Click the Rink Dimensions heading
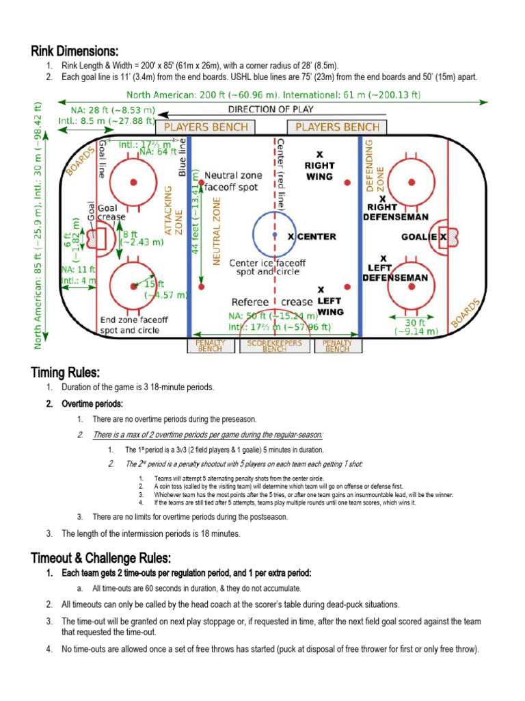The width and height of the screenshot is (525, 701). coord(75,51)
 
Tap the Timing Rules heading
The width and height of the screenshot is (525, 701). coord(65,372)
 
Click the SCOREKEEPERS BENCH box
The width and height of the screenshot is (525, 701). coord(275,346)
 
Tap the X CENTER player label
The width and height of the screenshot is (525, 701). coord(312,237)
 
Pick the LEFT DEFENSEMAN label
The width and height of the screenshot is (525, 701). coord(395,272)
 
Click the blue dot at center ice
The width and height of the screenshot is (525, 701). coord(275,235)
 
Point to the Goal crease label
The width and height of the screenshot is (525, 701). coord(111,212)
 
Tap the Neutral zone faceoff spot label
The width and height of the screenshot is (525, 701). coord(232,181)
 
